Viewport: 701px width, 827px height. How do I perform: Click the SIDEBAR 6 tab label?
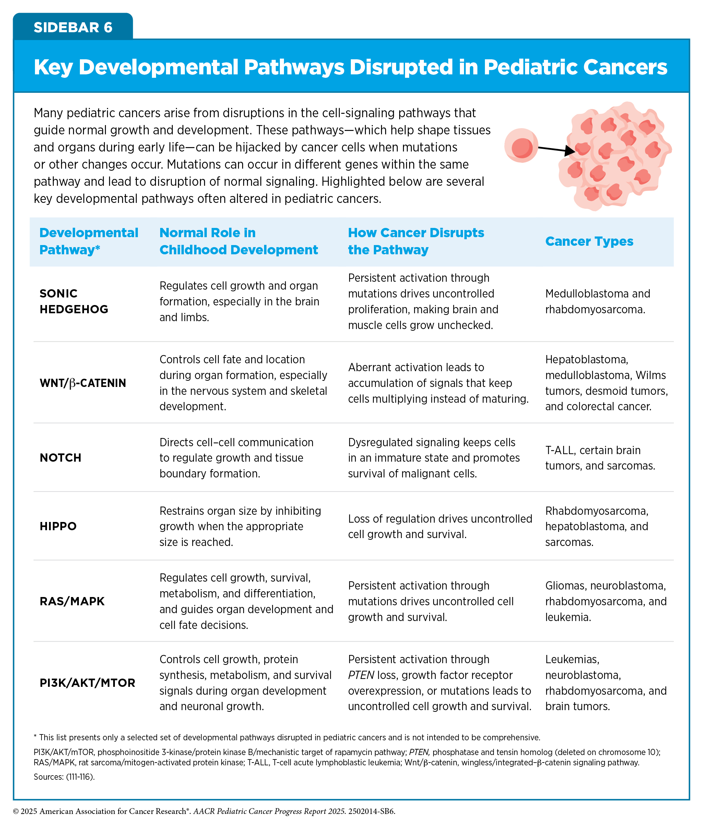73,27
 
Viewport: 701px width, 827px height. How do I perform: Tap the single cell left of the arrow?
521,145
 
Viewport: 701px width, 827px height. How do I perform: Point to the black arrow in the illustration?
556,149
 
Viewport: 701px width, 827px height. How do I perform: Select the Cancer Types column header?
589,241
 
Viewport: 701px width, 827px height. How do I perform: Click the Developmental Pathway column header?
88,241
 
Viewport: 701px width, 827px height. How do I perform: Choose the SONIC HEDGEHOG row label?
74,301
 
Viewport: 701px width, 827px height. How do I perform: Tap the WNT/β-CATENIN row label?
83,383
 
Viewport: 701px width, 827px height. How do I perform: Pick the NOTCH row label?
60,458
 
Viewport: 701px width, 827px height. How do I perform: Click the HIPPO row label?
58,526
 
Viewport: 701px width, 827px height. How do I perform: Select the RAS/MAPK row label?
72,601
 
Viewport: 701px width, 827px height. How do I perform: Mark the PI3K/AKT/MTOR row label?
87,683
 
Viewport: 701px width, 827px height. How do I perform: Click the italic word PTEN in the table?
361,675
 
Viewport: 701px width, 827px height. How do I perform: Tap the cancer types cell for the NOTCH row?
600,458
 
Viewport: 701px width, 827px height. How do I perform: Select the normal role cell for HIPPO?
240,526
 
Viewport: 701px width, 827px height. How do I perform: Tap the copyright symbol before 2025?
16,811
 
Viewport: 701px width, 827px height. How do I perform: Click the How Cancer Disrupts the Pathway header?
416,241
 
